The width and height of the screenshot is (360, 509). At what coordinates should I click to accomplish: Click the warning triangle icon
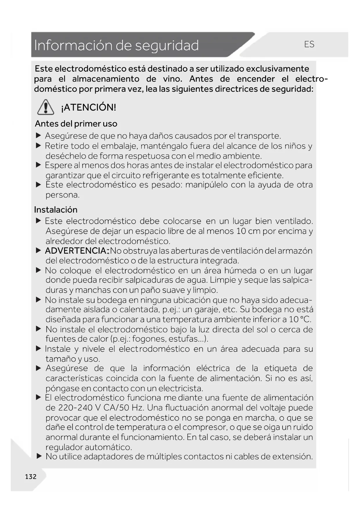tap(46, 107)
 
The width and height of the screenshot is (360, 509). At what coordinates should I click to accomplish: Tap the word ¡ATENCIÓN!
tap(88, 107)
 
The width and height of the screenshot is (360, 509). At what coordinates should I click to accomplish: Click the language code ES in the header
tap(309, 44)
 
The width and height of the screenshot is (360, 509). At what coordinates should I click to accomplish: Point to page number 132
tap(31, 476)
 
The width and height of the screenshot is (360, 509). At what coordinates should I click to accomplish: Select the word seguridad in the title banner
tap(167, 45)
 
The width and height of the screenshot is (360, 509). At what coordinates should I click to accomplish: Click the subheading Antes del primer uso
tap(76, 124)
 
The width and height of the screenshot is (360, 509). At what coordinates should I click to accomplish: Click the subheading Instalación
tap(56, 210)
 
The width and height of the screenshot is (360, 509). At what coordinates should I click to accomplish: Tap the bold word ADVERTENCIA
tap(76, 251)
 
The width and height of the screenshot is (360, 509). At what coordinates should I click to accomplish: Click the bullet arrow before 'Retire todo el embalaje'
tap(39, 146)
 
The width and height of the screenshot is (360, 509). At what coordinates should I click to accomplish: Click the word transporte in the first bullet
tap(258, 136)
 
